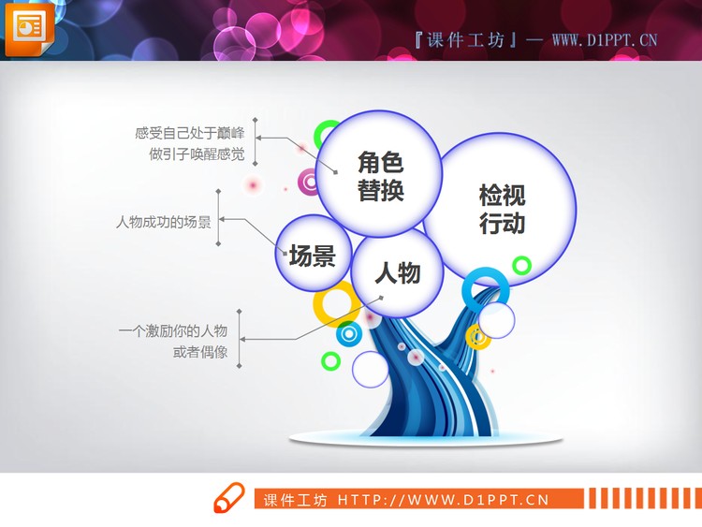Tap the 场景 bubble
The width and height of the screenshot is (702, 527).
coord(312,254)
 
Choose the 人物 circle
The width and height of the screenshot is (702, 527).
coord(397,273)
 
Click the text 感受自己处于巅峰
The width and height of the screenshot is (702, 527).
coord(189,133)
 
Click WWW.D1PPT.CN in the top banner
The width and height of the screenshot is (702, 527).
coord(605,39)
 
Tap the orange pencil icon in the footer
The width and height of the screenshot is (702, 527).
coord(227,498)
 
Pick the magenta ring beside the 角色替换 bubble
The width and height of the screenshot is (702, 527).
coord(310,182)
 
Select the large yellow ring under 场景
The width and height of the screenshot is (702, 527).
coord(331,302)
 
